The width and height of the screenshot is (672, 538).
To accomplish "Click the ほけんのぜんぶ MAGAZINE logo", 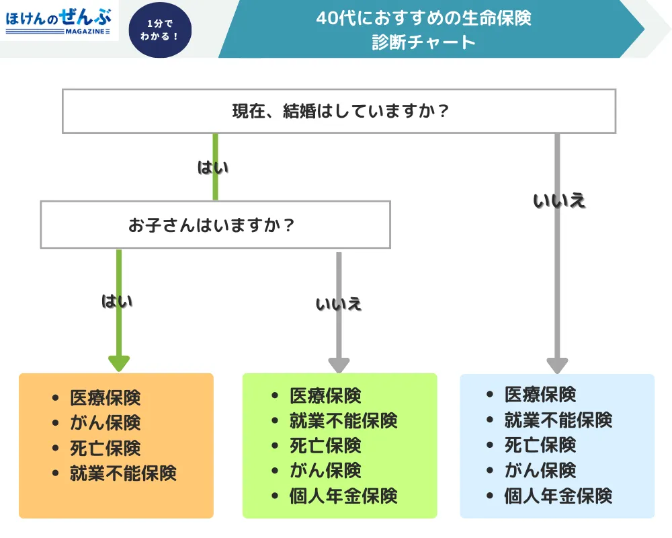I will (58, 21).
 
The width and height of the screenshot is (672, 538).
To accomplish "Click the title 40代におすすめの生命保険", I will (423, 18).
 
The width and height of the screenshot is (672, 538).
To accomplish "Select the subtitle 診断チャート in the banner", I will (423, 42).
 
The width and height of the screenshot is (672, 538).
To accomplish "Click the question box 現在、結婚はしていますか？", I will (339, 111).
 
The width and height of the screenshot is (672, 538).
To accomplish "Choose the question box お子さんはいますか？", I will (215, 225).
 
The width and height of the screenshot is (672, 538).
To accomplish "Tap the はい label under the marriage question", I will (212, 167).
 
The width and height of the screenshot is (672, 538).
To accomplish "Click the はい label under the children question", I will (117, 301).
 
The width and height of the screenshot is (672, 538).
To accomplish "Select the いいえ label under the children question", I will (339, 304).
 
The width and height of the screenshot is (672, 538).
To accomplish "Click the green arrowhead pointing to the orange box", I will (119, 363).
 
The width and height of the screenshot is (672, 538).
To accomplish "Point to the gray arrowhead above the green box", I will (339, 364).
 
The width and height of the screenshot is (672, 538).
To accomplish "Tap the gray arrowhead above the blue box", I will (557, 364).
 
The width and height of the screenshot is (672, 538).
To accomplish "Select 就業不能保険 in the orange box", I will (123, 473).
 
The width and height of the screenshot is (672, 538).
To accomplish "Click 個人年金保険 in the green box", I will (343, 496).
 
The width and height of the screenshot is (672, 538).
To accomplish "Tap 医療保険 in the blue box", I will (540, 395).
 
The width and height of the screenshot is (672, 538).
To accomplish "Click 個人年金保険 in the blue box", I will (558, 496).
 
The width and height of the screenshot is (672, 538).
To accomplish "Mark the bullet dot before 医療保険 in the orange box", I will (55, 397).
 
